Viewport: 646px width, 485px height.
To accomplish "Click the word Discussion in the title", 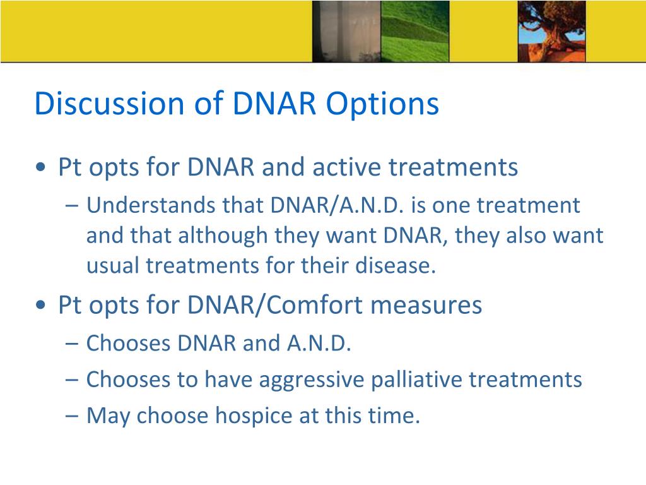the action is coord(110,103).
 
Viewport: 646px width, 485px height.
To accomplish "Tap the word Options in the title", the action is coord(383,104).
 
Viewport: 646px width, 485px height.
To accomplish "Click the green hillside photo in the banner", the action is coord(415,32).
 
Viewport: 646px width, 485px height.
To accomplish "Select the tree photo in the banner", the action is coord(551,32).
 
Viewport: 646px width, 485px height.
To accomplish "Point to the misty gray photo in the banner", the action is coord(346,32).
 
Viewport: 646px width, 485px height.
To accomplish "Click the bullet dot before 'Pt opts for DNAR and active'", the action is coord(41,167).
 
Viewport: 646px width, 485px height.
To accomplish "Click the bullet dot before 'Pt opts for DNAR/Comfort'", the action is coord(41,305).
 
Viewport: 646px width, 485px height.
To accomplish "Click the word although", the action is coord(223,236).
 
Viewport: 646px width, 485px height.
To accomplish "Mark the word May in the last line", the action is coord(108,416).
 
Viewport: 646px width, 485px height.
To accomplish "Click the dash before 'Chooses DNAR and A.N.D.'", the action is coord(72,344).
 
